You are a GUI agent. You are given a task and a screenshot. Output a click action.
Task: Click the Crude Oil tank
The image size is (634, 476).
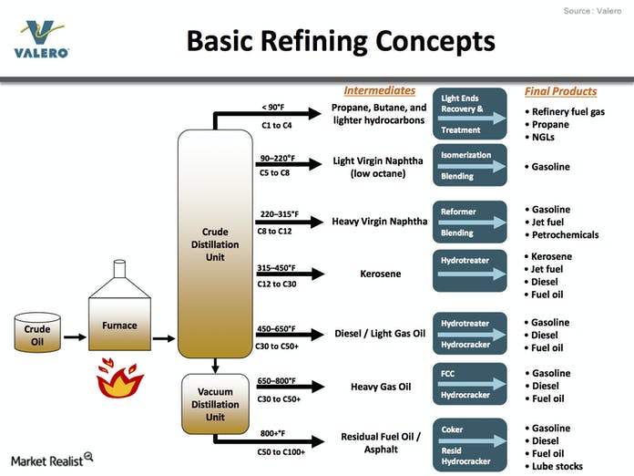37,333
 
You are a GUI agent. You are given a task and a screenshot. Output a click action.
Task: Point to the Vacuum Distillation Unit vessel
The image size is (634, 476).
215,403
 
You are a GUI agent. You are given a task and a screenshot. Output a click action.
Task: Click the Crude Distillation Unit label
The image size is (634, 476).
215,244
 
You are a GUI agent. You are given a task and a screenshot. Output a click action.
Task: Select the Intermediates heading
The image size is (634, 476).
379,91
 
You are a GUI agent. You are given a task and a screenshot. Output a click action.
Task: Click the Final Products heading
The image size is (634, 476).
560,91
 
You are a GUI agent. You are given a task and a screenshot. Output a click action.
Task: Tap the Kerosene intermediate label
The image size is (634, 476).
380,273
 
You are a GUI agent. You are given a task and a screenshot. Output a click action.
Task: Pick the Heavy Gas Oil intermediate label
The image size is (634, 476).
381,387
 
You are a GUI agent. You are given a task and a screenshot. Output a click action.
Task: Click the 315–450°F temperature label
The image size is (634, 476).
277,269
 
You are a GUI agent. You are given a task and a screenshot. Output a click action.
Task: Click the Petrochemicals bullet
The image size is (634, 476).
566,235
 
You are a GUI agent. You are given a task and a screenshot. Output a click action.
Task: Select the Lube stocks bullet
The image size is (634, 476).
561,467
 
